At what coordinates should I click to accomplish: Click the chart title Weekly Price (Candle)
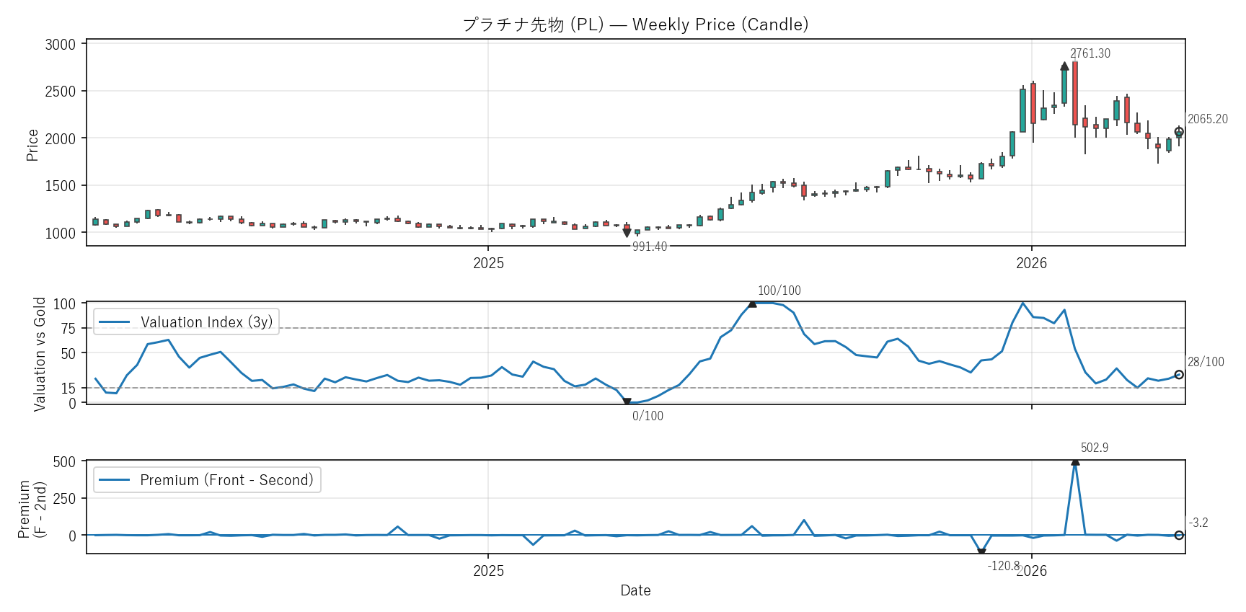[635, 25]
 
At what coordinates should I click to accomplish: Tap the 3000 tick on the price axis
[61, 45]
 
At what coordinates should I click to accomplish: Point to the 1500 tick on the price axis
[61, 186]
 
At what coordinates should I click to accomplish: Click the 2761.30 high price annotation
[1090, 53]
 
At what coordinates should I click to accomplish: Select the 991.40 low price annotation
[650, 247]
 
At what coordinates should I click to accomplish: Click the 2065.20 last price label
[1207, 119]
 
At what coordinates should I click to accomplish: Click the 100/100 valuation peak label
[779, 291]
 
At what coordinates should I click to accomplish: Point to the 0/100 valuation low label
[648, 416]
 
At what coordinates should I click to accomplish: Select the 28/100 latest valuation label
[1206, 362]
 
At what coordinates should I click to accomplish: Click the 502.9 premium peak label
[1094, 448]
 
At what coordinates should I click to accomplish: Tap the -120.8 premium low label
[1003, 566]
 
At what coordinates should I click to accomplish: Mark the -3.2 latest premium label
[1198, 523]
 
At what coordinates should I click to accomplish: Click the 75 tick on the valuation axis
[68, 329]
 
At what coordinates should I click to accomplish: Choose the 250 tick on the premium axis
[64, 499]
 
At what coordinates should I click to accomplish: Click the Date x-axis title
[635, 590]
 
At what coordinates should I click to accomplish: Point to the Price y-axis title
[32, 145]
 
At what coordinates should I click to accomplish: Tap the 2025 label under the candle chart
[488, 263]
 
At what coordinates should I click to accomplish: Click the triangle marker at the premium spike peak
[1075, 461]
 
